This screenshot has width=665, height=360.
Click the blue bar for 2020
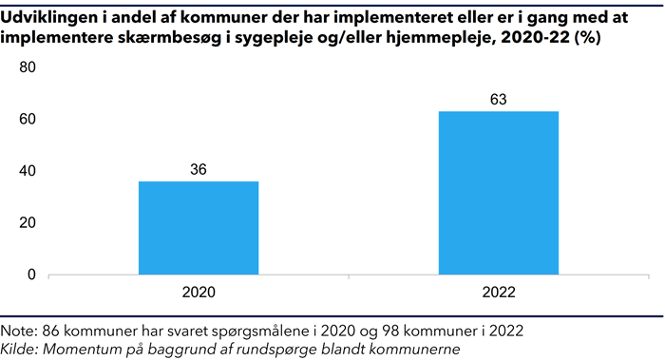tap(198, 228)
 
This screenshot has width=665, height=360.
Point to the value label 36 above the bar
tap(198, 169)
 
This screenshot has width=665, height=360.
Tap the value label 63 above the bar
tap(499, 99)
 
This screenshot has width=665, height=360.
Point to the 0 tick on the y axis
tap(30, 275)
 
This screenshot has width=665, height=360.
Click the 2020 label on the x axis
tap(198, 294)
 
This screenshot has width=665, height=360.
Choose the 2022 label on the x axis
tap(499, 294)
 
